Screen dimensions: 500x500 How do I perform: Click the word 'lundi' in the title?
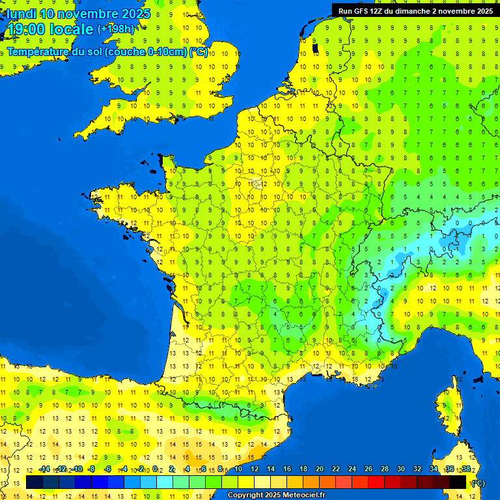(x=21, y=14)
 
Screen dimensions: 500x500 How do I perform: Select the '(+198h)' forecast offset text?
(x=116, y=29)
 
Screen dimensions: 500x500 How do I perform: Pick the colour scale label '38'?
(x=466, y=469)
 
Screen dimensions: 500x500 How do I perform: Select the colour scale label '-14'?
(x=45, y=469)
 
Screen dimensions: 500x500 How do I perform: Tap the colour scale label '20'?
(x=320, y=469)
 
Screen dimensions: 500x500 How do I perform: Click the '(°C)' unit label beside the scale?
(x=479, y=482)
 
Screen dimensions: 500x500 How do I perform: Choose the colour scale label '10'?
(x=238, y=469)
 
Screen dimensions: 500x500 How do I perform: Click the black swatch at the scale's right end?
(x=458, y=482)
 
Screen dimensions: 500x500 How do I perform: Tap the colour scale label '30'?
(x=401, y=469)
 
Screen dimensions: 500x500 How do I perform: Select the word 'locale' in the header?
(x=70, y=29)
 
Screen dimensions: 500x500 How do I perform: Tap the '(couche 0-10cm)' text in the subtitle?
(x=145, y=52)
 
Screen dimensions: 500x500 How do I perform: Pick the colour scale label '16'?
(x=287, y=469)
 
